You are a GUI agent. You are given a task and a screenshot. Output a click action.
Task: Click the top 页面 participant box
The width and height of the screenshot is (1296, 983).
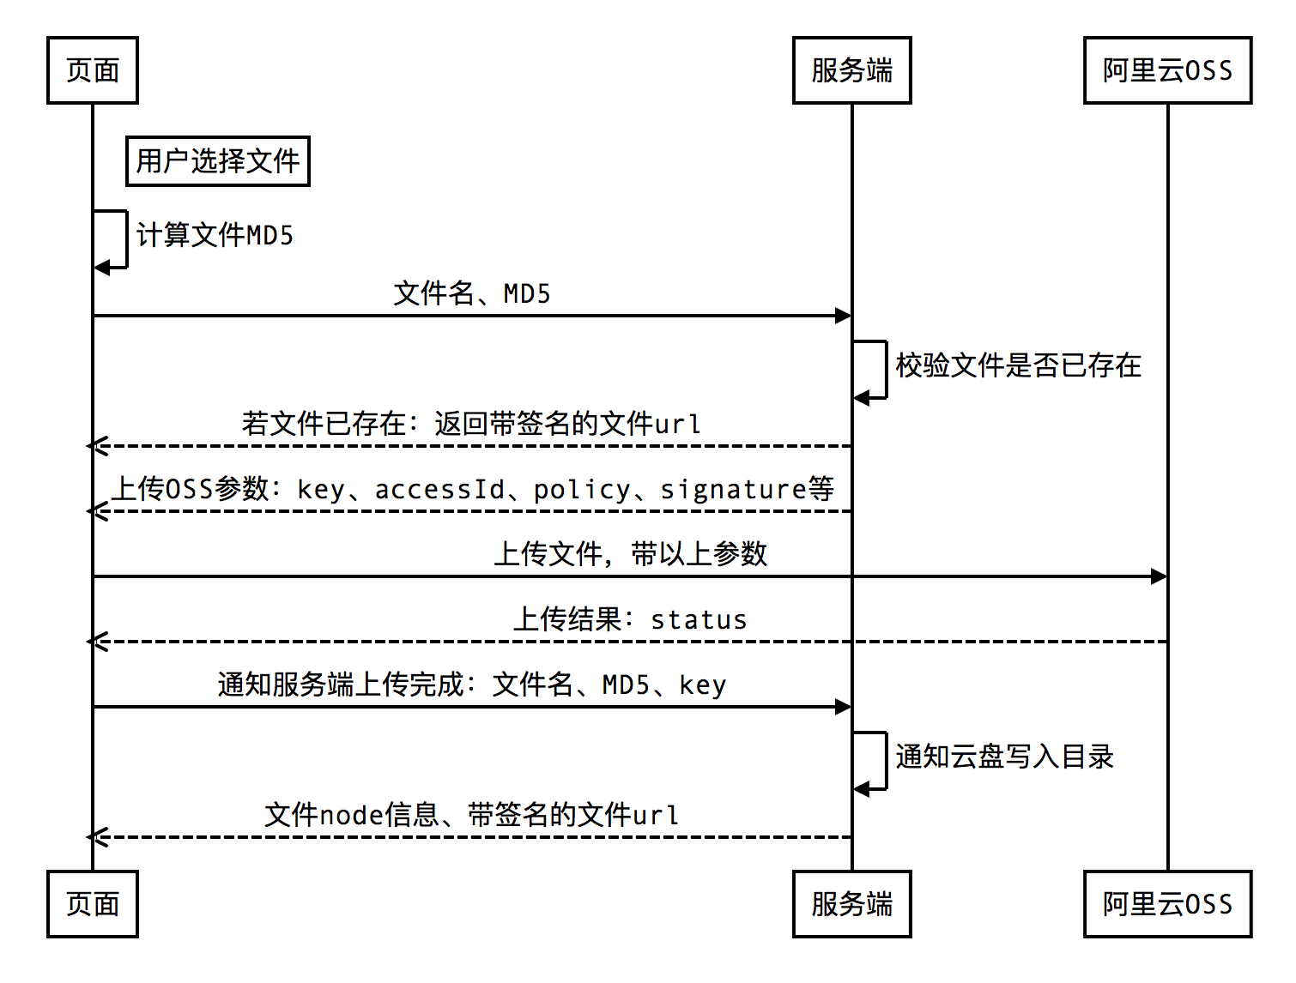(93, 70)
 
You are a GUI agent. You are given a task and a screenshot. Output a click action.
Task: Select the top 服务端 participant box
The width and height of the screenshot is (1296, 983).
(851, 70)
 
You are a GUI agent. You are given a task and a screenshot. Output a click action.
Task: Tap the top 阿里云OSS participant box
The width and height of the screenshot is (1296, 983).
(1167, 70)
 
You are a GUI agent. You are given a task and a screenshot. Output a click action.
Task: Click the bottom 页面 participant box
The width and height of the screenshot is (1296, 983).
(93, 904)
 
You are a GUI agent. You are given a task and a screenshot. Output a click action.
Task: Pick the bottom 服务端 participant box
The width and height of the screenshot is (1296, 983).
(851, 904)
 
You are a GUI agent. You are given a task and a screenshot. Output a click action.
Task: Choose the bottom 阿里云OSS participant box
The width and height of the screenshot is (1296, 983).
(1167, 904)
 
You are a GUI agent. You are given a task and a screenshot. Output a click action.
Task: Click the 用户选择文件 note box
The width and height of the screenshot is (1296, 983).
(218, 161)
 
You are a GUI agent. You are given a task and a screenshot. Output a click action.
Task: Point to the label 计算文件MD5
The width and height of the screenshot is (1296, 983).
(215, 235)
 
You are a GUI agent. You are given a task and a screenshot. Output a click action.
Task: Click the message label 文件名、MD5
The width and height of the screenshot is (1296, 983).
(472, 294)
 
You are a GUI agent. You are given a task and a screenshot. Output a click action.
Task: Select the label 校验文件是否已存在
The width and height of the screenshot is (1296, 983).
(1018, 365)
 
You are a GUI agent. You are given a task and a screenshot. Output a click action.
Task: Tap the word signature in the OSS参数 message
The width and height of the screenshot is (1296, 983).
(733, 489)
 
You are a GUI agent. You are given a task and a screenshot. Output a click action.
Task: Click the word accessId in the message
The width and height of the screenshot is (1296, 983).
(439, 489)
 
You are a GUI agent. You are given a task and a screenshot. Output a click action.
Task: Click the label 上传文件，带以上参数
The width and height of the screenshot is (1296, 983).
(630, 554)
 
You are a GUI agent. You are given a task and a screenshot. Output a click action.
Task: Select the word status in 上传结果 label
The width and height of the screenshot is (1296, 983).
(699, 619)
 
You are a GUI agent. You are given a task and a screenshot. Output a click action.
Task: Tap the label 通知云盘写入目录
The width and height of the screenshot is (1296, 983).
(1004, 757)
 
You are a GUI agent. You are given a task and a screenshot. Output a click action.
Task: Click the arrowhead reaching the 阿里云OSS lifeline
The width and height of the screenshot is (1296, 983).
(1159, 576)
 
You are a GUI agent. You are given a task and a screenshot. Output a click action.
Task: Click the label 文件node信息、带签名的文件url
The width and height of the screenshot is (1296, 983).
(472, 815)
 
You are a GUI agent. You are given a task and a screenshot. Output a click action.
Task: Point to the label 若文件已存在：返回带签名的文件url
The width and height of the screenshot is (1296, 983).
(472, 424)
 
